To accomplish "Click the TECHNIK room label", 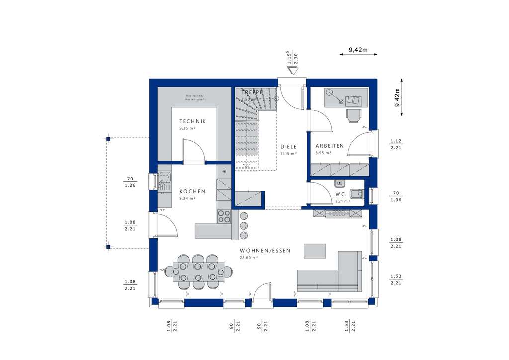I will click(x=192, y=121).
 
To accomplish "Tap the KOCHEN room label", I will click(x=192, y=191).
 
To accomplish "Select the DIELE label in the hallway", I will click(x=288, y=147).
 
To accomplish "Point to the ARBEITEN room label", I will click(x=330, y=146).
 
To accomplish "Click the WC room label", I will click(x=340, y=194).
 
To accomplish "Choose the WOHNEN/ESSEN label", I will click(x=265, y=251).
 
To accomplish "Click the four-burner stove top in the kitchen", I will click(x=224, y=216).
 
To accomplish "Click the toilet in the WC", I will click(x=357, y=194).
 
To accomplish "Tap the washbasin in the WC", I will click(x=340, y=183).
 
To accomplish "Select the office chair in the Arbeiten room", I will click(x=353, y=115).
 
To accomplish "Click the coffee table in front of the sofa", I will click(x=315, y=250).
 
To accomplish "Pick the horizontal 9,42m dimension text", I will click(x=358, y=50).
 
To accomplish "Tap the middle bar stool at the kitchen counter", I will click(x=244, y=226).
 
